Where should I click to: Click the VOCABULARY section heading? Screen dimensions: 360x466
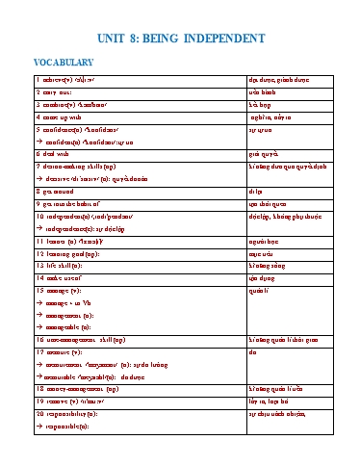point(64,64)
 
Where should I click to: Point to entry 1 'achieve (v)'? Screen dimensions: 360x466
point(67,80)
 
